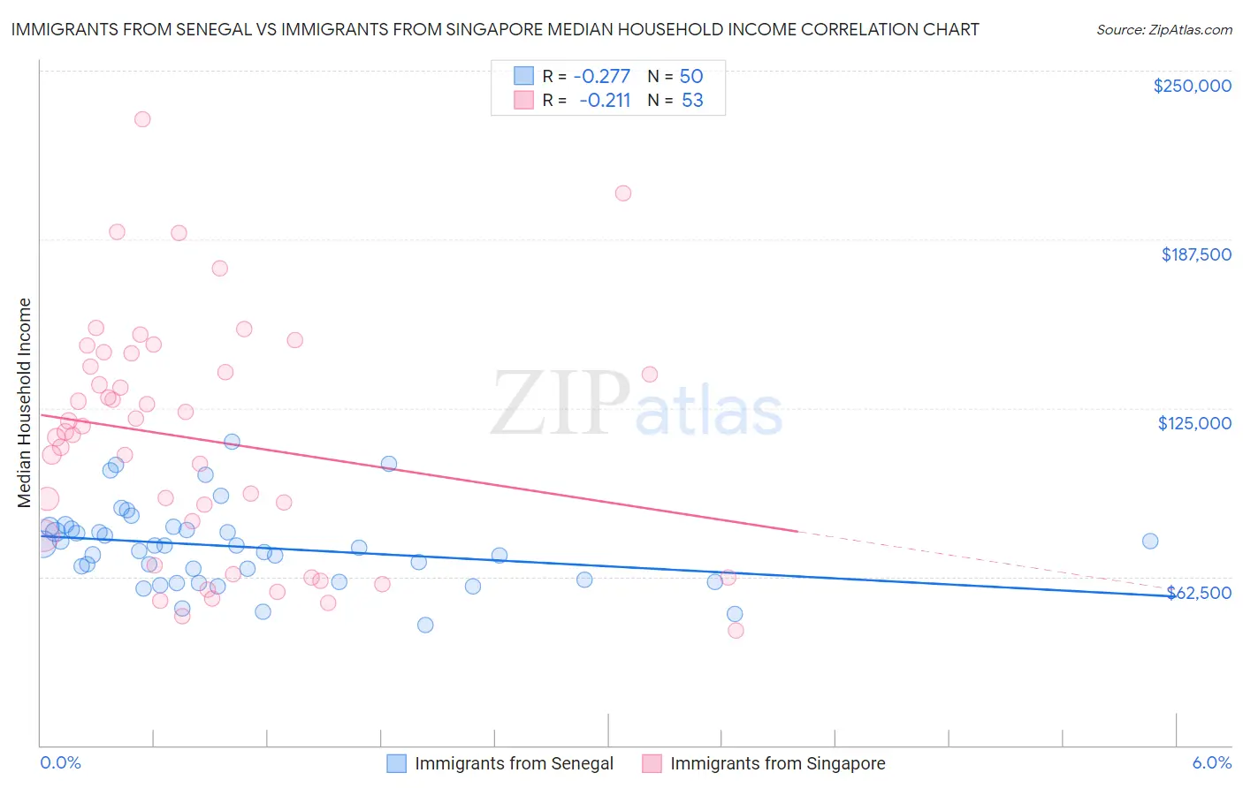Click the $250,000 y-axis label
(1192, 86)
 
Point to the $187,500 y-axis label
(1195, 254)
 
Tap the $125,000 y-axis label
(1194, 423)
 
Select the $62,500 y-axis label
(1199, 593)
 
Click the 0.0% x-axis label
(60, 762)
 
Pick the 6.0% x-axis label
(1211, 762)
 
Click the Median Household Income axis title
(24, 403)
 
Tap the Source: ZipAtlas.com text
(1163, 29)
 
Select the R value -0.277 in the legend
(601, 76)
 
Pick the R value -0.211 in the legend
(605, 101)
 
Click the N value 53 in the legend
(692, 101)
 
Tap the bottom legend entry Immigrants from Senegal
(514, 763)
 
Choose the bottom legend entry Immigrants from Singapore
(777, 763)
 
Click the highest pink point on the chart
(142, 119)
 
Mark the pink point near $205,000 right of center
(623, 193)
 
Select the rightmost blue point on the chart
(1150, 542)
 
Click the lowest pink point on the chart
(736, 631)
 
